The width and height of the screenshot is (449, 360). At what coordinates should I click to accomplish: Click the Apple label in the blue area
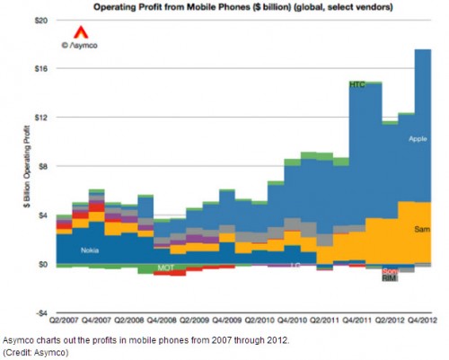pyautogui.click(x=417, y=138)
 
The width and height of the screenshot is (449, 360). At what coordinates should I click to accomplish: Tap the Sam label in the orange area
pyautogui.click(x=420, y=231)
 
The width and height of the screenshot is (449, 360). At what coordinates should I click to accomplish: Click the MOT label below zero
pyautogui.click(x=165, y=268)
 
